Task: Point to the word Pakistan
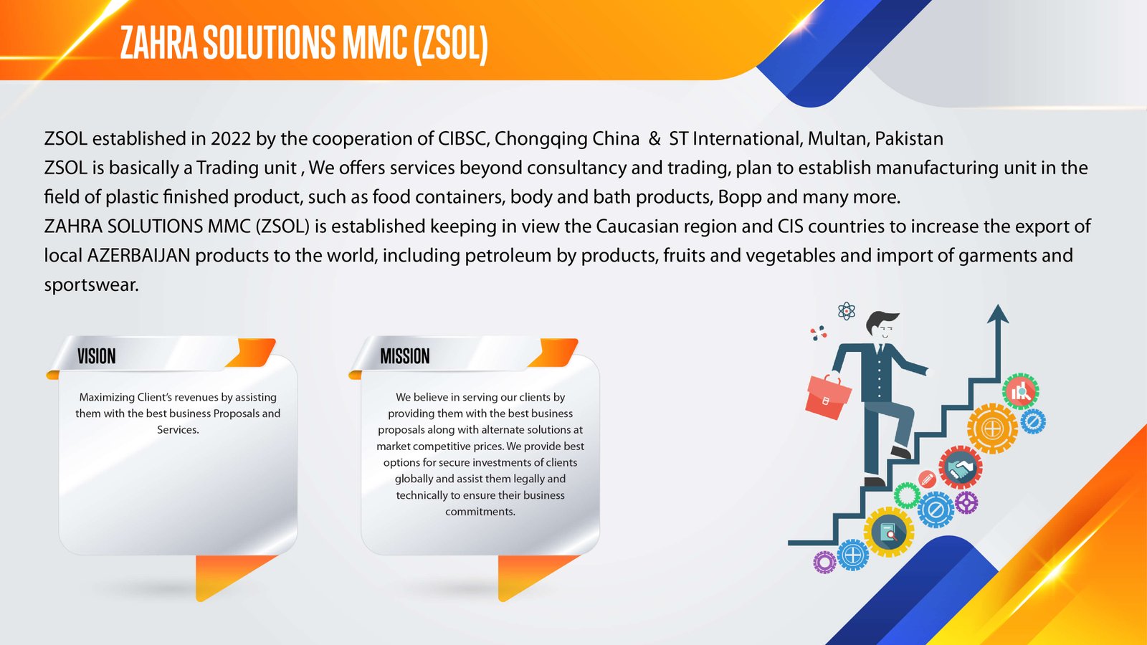[x=909, y=139]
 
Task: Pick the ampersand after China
[x=655, y=139]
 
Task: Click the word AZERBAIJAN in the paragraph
[x=139, y=255]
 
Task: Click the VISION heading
[x=97, y=355]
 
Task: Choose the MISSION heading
[x=404, y=355]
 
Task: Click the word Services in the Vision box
[x=177, y=430]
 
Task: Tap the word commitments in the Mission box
[x=480, y=512]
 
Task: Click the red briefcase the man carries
[x=827, y=397]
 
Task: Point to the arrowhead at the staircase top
[x=997, y=314]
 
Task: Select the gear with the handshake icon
[x=960, y=467]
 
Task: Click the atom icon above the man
[x=847, y=311]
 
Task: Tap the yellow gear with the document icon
[x=888, y=532]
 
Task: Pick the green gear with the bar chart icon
[x=1020, y=391]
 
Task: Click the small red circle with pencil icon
[x=927, y=479]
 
